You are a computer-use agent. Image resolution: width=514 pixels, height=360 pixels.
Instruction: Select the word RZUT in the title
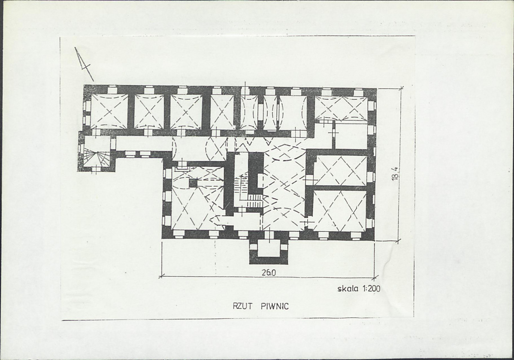tap(242, 306)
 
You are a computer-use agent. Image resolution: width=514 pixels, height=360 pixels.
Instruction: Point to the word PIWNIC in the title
tap(275, 306)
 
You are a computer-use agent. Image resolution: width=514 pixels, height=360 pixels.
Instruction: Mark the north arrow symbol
tap(84, 64)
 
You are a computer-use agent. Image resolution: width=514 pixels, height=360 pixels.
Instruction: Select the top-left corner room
tap(109, 111)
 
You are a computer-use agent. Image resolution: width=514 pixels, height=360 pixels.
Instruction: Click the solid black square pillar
tap(193, 183)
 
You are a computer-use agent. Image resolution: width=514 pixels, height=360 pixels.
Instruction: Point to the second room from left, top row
tap(149, 111)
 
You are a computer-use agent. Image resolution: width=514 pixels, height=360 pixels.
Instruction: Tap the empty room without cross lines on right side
tap(351, 136)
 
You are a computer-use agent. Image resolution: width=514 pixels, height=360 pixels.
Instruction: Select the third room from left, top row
tap(186, 111)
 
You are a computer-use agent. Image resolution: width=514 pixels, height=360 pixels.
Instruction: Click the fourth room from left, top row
tap(222, 112)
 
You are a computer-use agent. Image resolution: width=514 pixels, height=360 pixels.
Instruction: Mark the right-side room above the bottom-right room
tap(341, 170)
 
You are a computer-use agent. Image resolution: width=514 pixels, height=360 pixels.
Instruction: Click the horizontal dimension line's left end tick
tap(161, 276)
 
